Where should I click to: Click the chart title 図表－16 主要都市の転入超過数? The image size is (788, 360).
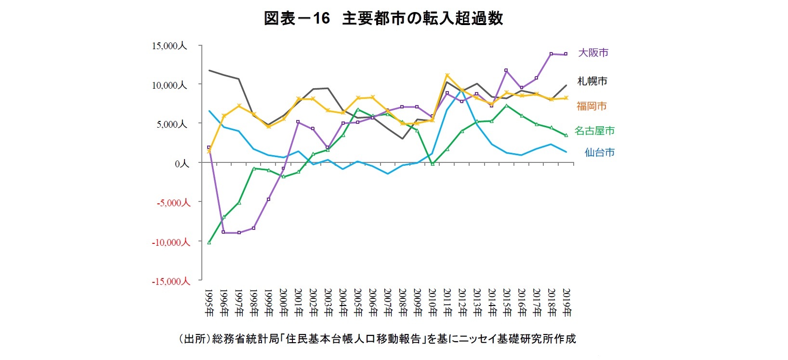(383, 18)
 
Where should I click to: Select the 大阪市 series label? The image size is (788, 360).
(593, 53)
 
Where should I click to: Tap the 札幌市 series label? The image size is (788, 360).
(592, 81)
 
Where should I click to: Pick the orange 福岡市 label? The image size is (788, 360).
(591, 106)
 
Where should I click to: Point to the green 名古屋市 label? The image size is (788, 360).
(594, 131)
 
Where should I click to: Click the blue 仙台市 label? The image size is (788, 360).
(599, 152)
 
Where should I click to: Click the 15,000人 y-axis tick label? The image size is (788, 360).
(169, 46)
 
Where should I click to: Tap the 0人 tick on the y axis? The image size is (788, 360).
(182, 164)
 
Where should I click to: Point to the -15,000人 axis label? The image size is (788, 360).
(171, 281)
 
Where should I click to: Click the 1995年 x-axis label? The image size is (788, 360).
(209, 303)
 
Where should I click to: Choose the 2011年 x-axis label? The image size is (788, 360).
(447, 303)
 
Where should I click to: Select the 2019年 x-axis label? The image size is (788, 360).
(566, 303)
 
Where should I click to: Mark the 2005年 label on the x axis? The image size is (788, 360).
(358, 303)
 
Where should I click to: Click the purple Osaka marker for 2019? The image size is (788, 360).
(566, 54)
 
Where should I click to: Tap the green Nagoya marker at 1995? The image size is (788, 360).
(209, 242)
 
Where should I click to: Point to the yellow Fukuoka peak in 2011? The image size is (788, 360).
(447, 75)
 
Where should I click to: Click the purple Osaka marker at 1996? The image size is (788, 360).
(224, 232)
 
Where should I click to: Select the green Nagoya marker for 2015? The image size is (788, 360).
(507, 106)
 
